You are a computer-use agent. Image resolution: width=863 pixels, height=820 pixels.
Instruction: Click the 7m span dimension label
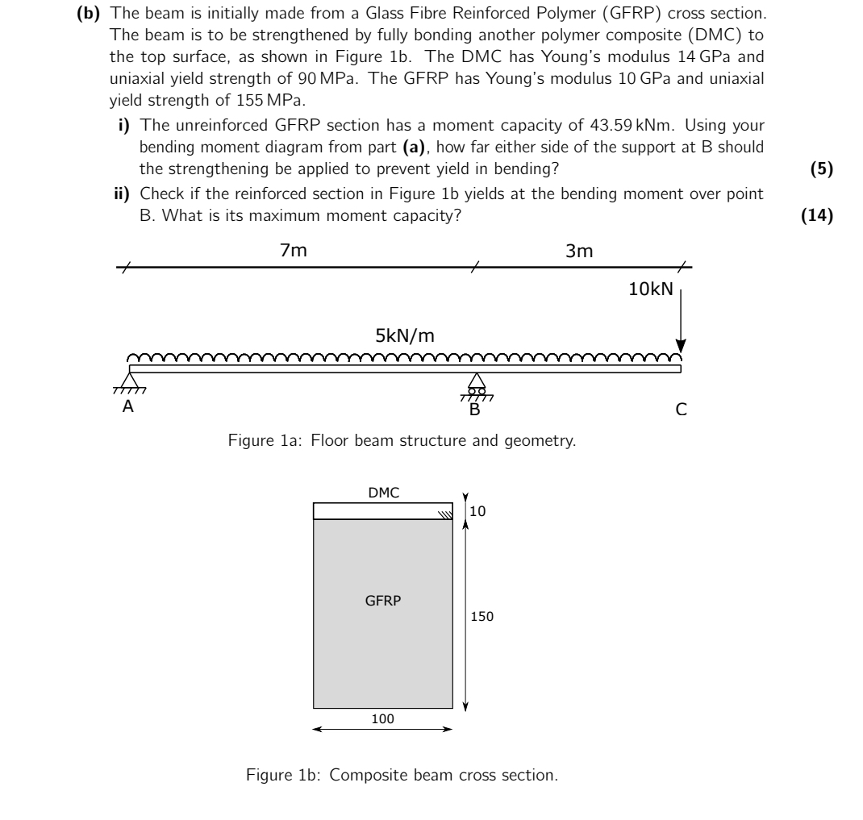[293, 251]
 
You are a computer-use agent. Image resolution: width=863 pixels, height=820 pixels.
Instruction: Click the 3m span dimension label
[579, 251]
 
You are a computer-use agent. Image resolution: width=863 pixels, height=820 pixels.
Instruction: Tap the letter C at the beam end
[682, 410]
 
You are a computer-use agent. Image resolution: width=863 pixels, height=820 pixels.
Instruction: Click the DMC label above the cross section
[383, 493]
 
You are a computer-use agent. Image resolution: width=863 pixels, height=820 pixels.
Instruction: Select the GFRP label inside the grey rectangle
[383, 601]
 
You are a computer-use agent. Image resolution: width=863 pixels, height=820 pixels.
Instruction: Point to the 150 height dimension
[482, 617]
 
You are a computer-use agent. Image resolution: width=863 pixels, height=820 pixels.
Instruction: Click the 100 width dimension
[382, 719]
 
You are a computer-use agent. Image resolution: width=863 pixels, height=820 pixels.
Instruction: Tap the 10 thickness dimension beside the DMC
[478, 511]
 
